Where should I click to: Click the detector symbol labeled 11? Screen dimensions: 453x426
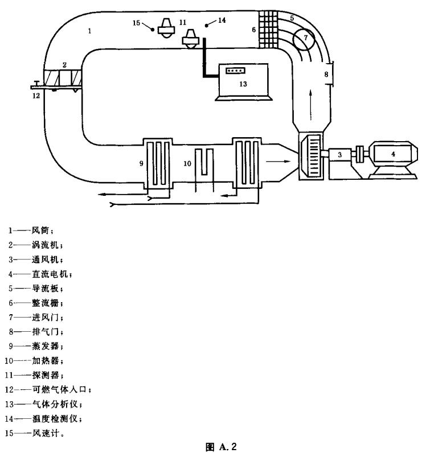[x=189, y=40]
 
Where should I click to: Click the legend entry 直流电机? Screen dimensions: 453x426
[x=52, y=274]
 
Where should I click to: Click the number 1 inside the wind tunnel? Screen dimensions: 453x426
[x=90, y=31]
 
